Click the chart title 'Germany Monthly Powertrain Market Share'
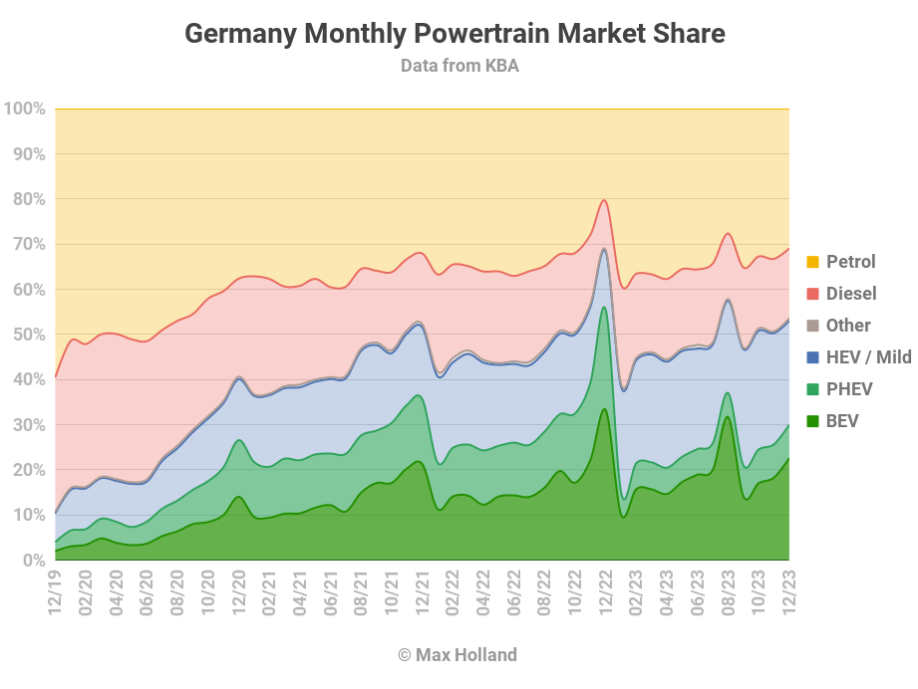[x=455, y=33]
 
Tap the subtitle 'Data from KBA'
[x=459, y=66]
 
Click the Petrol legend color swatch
[x=812, y=262]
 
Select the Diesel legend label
[x=851, y=293]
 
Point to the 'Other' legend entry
[x=838, y=326]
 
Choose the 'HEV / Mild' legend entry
[x=859, y=356]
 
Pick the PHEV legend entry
[x=839, y=389]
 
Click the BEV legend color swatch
[x=812, y=420]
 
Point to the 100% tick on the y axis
[x=25, y=109]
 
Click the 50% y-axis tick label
[x=29, y=335]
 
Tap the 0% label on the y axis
[x=34, y=561]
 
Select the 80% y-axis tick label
[x=29, y=199]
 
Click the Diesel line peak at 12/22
[x=604, y=200]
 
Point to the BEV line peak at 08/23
[x=728, y=416]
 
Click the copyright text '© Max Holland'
[x=458, y=654]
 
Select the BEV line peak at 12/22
[x=604, y=409]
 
